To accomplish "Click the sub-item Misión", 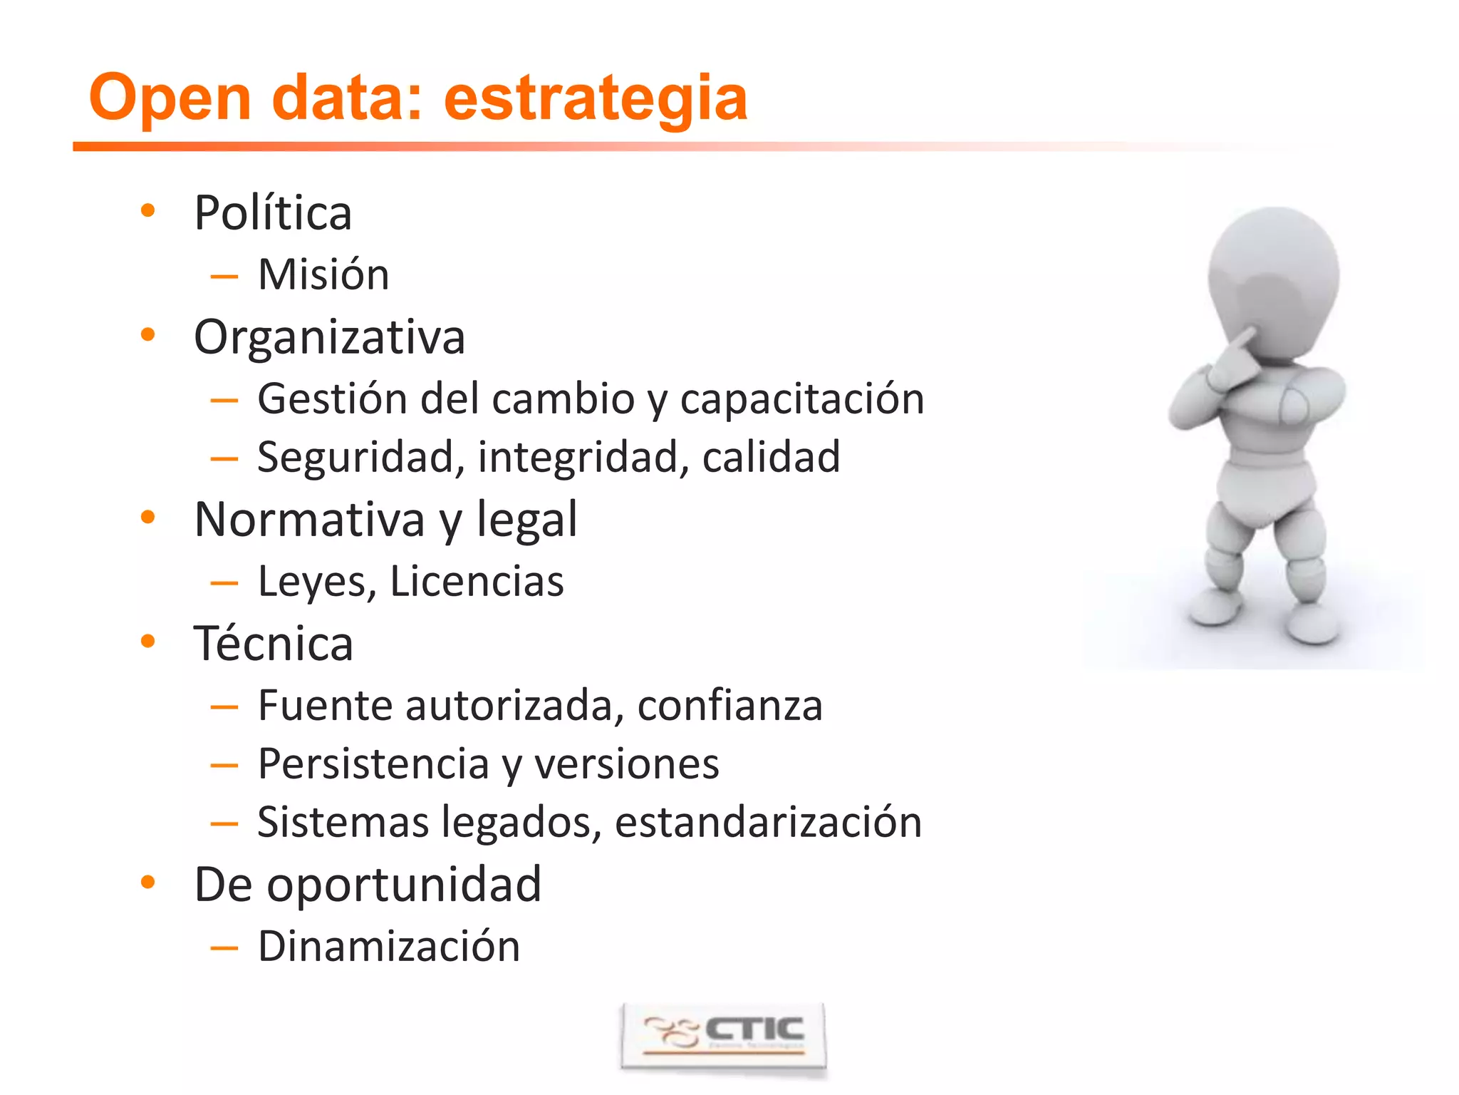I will (323, 274).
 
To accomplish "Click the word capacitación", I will (802, 399).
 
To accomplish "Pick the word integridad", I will (583, 457).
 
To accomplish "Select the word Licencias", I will (477, 581).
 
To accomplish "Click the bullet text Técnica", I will (274, 643).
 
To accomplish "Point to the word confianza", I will (729, 705).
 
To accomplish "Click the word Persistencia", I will (373, 764).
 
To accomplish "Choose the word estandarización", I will (768, 822).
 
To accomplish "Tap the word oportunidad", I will (404, 884).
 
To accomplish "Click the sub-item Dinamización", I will (389, 946).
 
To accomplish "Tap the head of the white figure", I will (1274, 278).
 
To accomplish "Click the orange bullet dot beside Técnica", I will (147, 641).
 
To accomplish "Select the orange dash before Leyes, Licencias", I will (224, 583).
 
